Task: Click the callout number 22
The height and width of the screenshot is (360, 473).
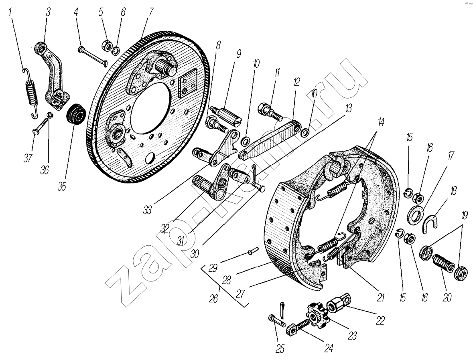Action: tap(380, 321)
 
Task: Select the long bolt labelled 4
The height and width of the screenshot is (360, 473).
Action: tap(92, 56)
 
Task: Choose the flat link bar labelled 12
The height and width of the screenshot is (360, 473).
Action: tap(268, 141)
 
